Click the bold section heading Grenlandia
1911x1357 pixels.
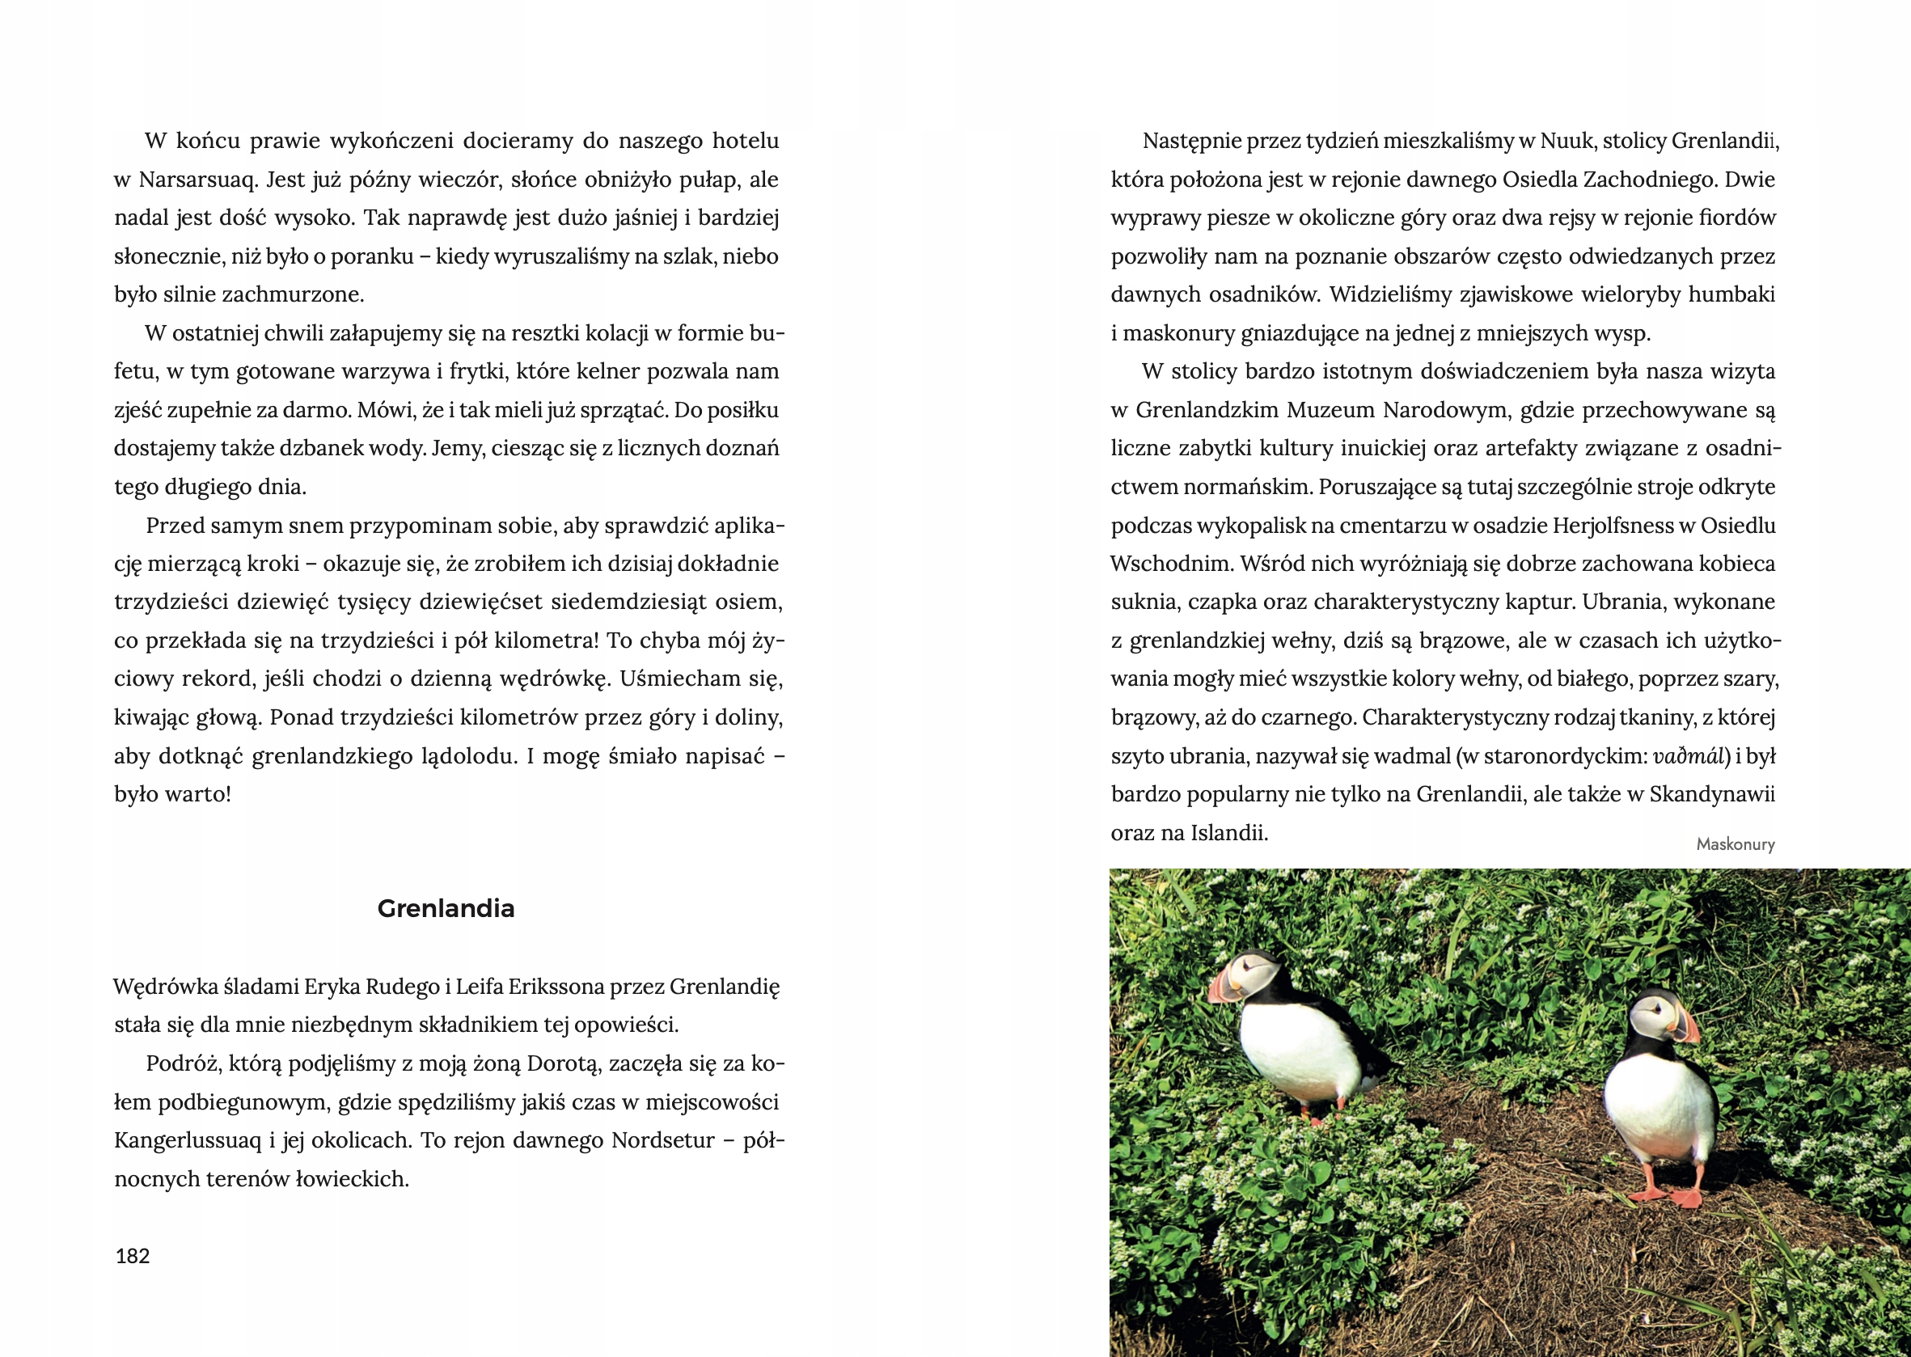446,908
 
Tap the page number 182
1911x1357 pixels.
132,1256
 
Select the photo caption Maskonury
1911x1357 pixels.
1735,844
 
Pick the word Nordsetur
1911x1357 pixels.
662,1140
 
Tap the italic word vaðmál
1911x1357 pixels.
1689,756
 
